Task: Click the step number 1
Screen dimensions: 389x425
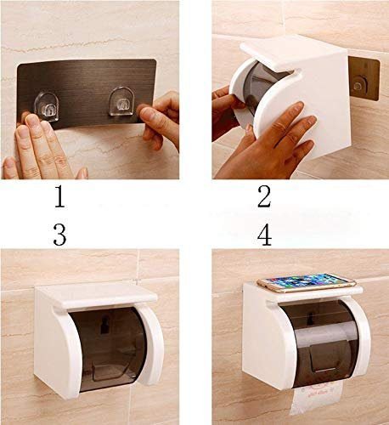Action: pos(59,196)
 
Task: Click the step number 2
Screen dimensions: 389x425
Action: pos(264,196)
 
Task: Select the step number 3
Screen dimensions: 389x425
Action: pos(60,235)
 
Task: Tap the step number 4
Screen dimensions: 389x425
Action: pos(264,235)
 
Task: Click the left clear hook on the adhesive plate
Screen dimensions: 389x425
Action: pos(47,106)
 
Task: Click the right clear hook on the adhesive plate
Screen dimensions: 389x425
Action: pos(122,102)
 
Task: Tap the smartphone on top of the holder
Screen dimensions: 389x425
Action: pos(307,282)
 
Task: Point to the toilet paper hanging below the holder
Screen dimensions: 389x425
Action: pos(316,397)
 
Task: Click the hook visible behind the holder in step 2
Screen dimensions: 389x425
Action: pos(359,85)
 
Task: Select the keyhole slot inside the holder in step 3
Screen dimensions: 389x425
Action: pos(104,324)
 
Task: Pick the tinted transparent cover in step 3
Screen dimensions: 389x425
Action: pos(109,348)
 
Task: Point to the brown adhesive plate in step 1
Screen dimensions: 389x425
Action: pos(87,93)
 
